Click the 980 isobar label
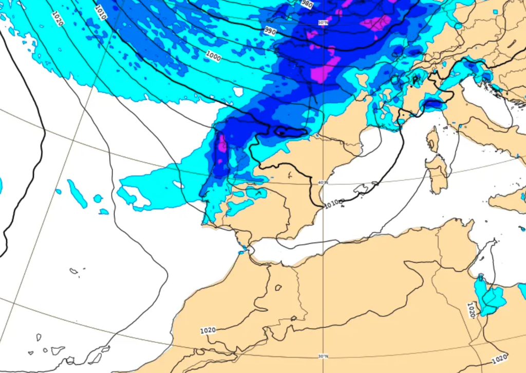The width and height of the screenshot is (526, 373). point(307,4)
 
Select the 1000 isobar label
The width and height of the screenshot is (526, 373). point(213,55)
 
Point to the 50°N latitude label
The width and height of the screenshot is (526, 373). point(323,23)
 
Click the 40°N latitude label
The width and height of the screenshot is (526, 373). point(323,182)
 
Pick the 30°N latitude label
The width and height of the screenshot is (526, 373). point(323,356)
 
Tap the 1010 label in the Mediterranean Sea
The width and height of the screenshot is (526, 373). point(334,203)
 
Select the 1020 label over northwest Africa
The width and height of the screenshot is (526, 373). point(208,330)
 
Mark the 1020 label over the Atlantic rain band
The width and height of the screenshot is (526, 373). point(58,18)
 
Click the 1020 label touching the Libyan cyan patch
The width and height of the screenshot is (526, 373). point(472,309)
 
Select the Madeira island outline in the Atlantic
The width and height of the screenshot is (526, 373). point(73,271)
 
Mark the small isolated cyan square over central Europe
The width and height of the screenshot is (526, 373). point(495,11)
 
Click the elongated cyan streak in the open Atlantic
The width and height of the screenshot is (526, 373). point(77,194)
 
